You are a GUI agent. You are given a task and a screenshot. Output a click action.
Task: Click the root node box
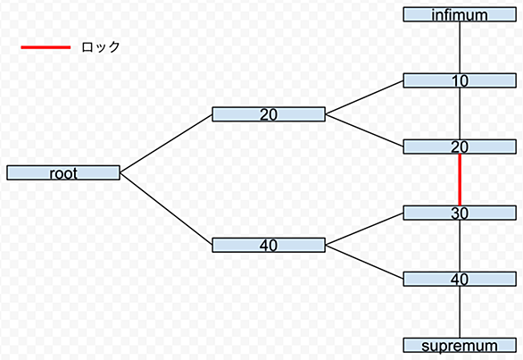pyautogui.click(x=63, y=172)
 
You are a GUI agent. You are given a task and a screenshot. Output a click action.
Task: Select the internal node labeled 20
pyautogui.click(x=269, y=114)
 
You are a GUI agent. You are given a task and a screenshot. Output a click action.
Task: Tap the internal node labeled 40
pyautogui.click(x=269, y=245)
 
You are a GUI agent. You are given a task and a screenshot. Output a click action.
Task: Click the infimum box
pyautogui.click(x=460, y=14)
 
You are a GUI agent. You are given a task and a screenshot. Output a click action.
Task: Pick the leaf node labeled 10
pyautogui.click(x=460, y=80)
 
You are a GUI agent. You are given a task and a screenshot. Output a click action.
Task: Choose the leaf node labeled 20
pyautogui.click(x=460, y=147)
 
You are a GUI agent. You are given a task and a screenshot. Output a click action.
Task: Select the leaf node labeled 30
pyautogui.click(x=460, y=213)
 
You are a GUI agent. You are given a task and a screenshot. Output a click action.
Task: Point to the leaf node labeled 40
pyautogui.click(x=460, y=280)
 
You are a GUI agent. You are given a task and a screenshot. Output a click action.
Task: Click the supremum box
pyautogui.click(x=460, y=346)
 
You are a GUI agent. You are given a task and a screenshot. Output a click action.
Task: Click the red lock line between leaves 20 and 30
pyautogui.click(x=460, y=180)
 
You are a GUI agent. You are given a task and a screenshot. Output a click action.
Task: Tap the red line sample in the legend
pyautogui.click(x=46, y=47)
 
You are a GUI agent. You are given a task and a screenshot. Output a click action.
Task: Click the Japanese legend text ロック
pyautogui.click(x=100, y=47)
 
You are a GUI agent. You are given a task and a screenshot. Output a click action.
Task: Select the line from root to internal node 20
pyautogui.click(x=166, y=144)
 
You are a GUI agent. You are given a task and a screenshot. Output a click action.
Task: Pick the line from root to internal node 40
pyautogui.click(x=166, y=209)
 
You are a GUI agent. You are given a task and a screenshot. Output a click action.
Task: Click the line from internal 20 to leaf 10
pyautogui.click(x=364, y=97)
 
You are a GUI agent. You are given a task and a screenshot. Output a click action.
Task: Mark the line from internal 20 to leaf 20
pyautogui.click(x=364, y=130)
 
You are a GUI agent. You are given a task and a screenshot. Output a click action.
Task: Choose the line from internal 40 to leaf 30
pyautogui.click(x=364, y=229)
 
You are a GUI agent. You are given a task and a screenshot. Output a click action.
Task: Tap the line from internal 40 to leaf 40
pyautogui.click(x=364, y=262)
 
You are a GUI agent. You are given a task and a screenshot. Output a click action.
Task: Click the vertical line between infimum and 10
pyautogui.click(x=460, y=47)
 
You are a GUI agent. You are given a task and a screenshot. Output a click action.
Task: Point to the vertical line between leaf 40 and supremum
pyautogui.click(x=460, y=313)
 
